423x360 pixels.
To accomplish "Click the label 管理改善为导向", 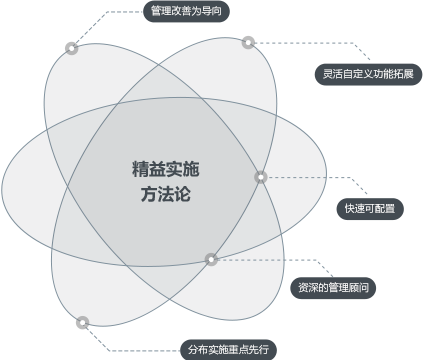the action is click(x=186, y=11).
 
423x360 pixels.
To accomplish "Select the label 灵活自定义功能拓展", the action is click(x=368, y=74).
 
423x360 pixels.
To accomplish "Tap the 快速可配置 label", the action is click(x=370, y=209).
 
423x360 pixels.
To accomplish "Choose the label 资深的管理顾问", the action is click(x=333, y=288).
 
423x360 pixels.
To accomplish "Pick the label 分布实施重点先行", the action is click(x=228, y=350).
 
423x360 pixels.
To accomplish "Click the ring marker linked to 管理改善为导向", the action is click(x=71, y=48).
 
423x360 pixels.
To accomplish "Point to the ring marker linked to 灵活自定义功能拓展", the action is click(x=248, y=43).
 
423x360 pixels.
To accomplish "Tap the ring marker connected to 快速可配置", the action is click(x=261, y=177).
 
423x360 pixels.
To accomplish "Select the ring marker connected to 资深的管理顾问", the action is click(x=211, y=259).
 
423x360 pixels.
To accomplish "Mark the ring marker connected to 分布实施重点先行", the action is click(x=83, y=323).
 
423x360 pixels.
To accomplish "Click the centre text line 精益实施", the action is click(x=166, y=169).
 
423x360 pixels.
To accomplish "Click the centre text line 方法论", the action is click(x=166, y=194).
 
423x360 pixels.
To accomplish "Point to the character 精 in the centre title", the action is click(x=140, y=169).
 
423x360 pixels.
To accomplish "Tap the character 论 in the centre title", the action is click(x=183, y=194).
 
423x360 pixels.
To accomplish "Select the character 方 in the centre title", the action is click(x=149, y=194).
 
